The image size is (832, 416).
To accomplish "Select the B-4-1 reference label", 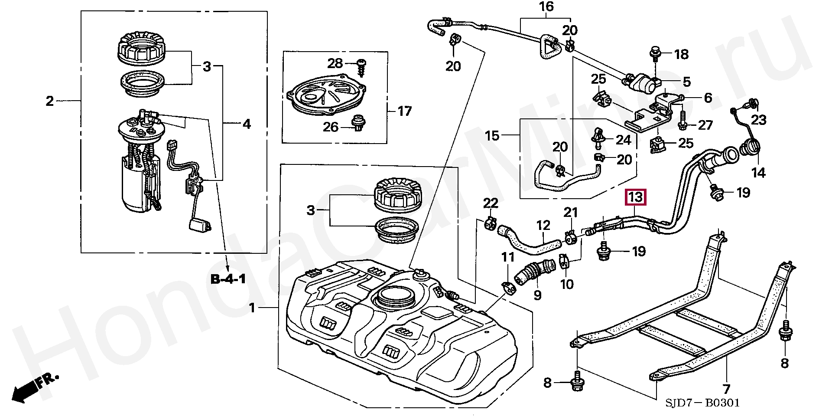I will [x=228, y=279].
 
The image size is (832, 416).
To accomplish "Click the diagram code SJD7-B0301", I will [x=702, y=403].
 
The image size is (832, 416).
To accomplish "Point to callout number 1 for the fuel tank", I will [x=253, y=309].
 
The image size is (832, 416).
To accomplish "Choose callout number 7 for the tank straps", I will [x=726, y=389].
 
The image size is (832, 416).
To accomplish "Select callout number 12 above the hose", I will [x=543, y=226].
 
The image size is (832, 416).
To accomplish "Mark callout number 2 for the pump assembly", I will [x=49, y=102].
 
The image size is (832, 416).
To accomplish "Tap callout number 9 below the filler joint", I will [x=537, y=295].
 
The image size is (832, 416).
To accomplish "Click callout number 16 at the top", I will [x=546, y=7].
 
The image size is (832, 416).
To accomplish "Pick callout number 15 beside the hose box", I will [x=492, y=136].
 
